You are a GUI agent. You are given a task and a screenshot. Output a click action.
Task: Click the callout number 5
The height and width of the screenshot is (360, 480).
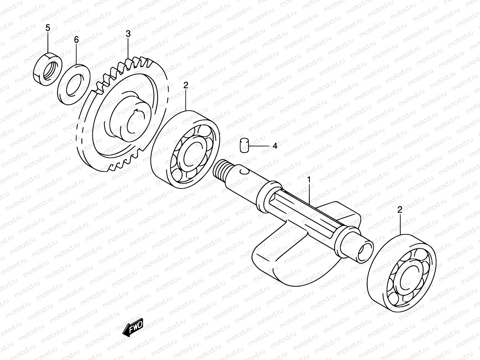click(x=48, y=28)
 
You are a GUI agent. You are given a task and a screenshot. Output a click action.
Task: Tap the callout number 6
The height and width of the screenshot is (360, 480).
click(x=76, y=39)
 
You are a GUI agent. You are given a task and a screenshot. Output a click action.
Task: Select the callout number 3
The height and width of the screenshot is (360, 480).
click(x=128, y=34)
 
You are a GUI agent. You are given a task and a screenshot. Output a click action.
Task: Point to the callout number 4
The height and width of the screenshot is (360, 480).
click(x=275, y=146)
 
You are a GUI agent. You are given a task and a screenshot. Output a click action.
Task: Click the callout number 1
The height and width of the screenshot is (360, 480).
click(x=309, y=180)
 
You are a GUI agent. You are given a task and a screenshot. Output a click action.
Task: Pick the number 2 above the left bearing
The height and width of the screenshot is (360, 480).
click(x=186, y=85)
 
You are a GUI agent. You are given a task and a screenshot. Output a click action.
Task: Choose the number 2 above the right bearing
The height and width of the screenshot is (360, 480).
click(x=400, y=209)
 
